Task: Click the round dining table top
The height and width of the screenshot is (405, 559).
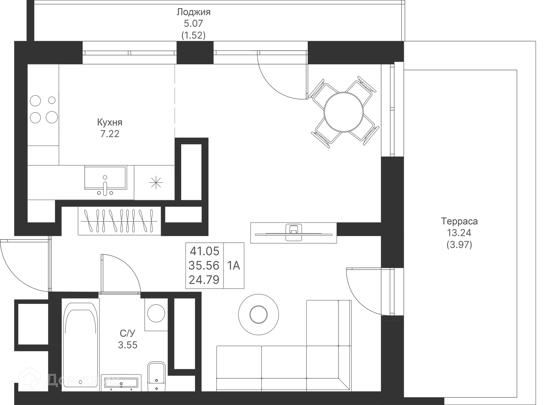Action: tap(344, 112)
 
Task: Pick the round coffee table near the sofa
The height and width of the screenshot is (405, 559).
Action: tap(258, 314)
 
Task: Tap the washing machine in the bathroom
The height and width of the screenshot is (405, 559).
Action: tap(155, 315)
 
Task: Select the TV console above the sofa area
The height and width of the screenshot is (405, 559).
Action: tap(293, 233)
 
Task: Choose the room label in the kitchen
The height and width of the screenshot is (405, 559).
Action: tap(109, 128)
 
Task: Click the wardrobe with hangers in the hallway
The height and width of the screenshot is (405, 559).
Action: tap(119, 221)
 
